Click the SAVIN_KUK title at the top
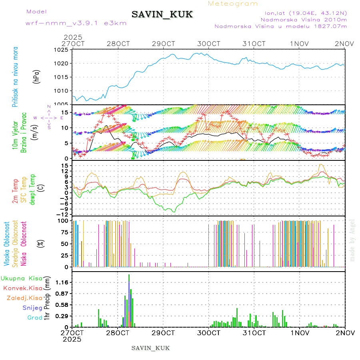tap(162, 15)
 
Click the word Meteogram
tap(233, 4)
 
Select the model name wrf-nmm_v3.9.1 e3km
tap(76, 23)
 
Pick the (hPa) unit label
tap(36, 76)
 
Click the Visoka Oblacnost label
tap(7, 244)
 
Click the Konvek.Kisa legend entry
tap(22, 288)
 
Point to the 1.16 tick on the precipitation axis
tap(62, 282)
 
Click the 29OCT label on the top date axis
tap(164, 43)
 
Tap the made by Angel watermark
tap(352, 240)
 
